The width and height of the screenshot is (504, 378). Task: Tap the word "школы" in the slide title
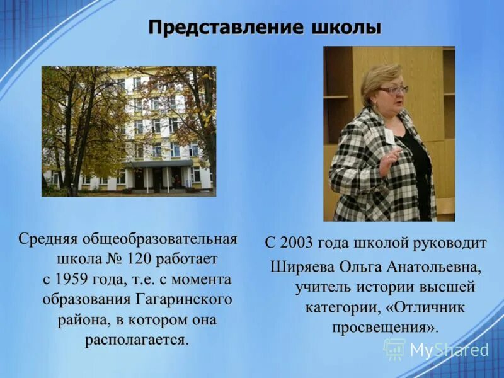coord(346,28)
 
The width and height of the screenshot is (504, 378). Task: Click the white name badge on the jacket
coord(391,135)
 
